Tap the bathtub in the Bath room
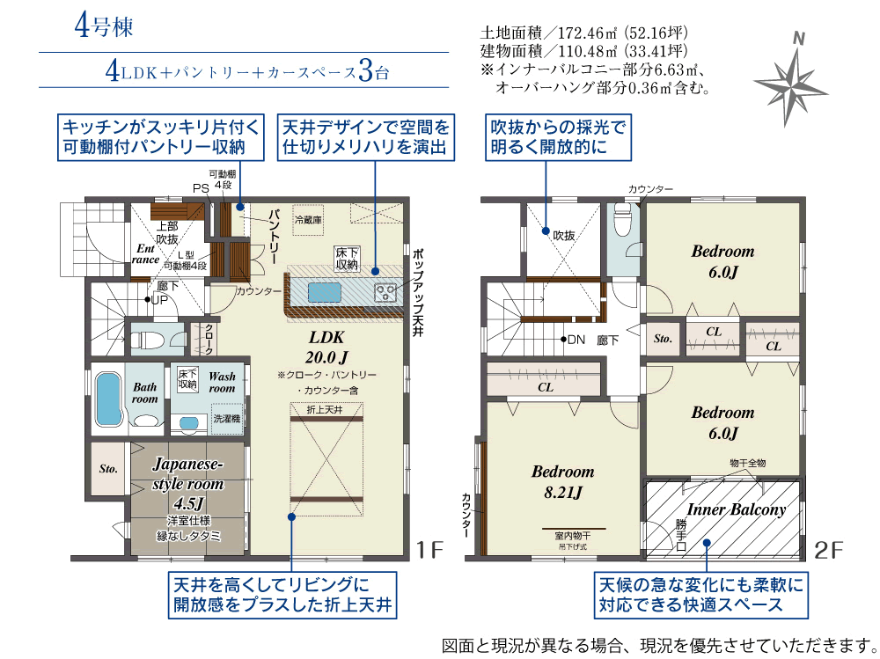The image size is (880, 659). [x=109, y=399]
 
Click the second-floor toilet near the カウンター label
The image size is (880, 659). [x=622, y=219]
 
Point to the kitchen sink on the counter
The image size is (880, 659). [x=325, y=292]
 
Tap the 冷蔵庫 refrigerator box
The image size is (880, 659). [x=308, y=219]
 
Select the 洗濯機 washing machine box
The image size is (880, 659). [x=227, y=418]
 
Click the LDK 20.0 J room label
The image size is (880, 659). [x=326, y=347]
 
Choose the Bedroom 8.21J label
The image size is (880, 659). [x=562, y=481]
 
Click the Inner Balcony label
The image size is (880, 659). [x=736, y=509]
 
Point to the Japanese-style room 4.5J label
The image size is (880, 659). [x=188, y=483]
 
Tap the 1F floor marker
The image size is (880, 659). [x=430, y=550]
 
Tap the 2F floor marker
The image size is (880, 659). [x=828, y=550]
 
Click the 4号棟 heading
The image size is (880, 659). [x=104, y=26]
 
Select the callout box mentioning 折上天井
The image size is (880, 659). [x=282, y=595]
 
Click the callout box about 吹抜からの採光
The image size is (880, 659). [x=558, y=137]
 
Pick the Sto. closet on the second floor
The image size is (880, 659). [x=663, y=339]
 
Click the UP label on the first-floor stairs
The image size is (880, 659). [x=160, y=300]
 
